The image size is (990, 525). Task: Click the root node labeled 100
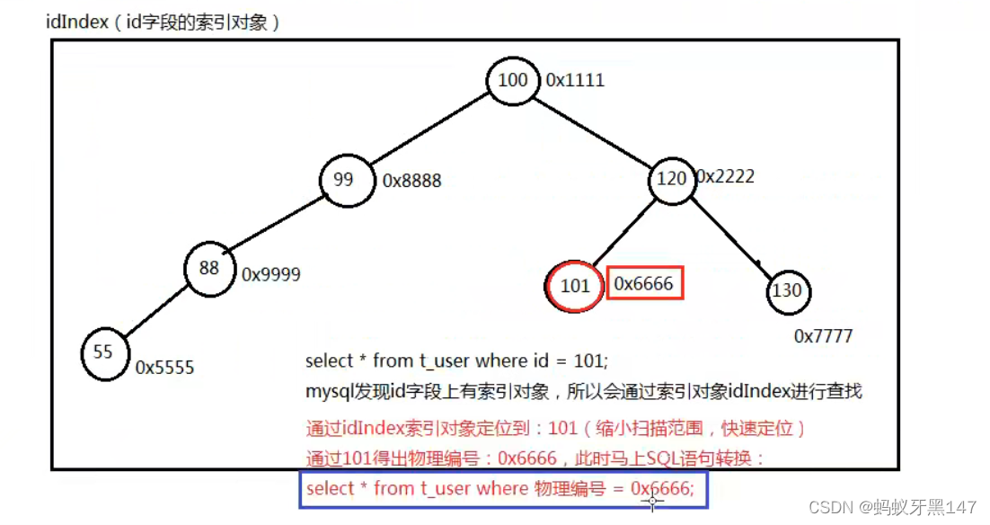(x=513, y=80)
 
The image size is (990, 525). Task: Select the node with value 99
(x=345, y=180)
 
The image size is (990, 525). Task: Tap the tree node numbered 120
(x=672, y=179)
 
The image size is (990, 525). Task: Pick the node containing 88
(x=209, y=267)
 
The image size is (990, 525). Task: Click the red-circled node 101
(x=575, y=286)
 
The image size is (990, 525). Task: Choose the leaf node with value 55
(x=104, y=351)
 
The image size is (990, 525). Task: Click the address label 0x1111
(x=575, y=80)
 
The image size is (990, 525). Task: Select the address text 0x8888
(x=412, y=181)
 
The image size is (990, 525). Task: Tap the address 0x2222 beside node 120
(x=726, y=176)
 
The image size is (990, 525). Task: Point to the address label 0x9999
(x=271, y=275)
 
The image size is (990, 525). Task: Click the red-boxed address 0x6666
(x=644, y=284)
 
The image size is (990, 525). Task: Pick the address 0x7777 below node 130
(x=823, y=336)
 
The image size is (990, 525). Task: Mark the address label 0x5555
(x=164, y=367)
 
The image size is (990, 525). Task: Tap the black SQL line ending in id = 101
(x=456, y=361)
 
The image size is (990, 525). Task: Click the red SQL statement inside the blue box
(x=499, y=488)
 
